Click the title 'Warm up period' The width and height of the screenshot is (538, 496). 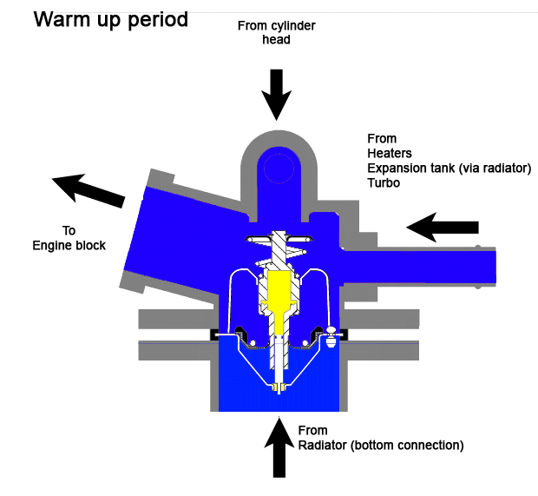tap(110, 18)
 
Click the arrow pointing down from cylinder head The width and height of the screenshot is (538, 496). tap(277, 93)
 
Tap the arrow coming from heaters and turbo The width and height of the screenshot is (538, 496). tap(443, 228)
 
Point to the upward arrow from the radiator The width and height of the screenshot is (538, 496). tap(279, 447)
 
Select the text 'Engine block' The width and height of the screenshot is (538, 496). tap(69, 245)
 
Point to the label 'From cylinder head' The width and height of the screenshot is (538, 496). tap(277, 33)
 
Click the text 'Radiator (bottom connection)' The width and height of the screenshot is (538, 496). tap(380, 446)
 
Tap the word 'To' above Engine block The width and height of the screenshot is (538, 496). tap(69, 231)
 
